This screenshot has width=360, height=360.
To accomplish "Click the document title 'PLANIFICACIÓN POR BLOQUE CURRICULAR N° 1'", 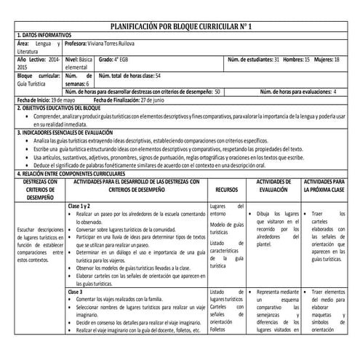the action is click(179, 27).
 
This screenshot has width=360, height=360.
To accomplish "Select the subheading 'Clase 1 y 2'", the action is click(82, 207).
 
